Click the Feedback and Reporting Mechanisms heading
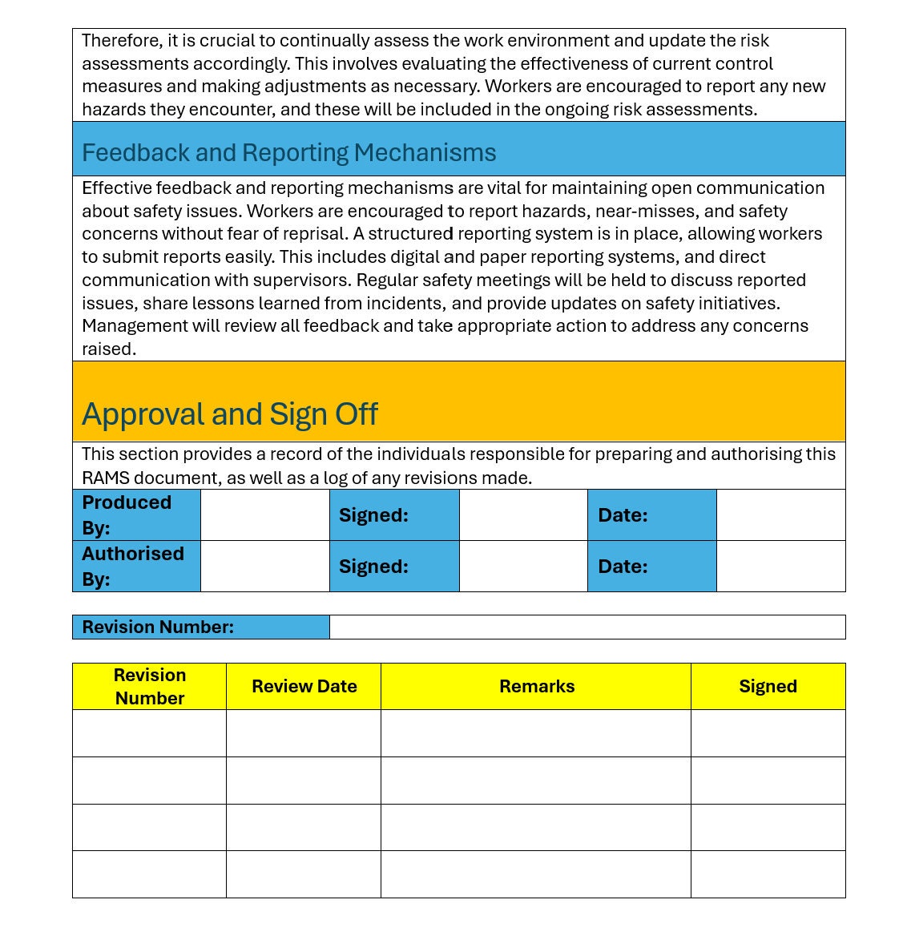[x=288, y=152]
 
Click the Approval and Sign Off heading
[x=230, y=414]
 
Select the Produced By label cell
[x=135, y=514]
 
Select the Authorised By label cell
[x=135, y=566]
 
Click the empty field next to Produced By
[x=264, y=514]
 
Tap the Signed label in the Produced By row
[x=373, y=515]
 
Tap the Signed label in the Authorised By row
[x=373, y=567]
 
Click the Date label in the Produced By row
[x=623, y=515]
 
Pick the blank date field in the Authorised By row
[x=780, y=566]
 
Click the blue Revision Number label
[x=158, y=627]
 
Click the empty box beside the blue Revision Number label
[x=587, y=627]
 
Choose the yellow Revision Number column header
[x=150, y=686]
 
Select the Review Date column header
[x=304, y=686]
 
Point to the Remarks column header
[x=536, y=686]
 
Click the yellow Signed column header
[x=768, y=686]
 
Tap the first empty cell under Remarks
[x=535, y=733]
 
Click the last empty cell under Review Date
[x=303, y=874]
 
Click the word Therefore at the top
[x=122, y=41]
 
